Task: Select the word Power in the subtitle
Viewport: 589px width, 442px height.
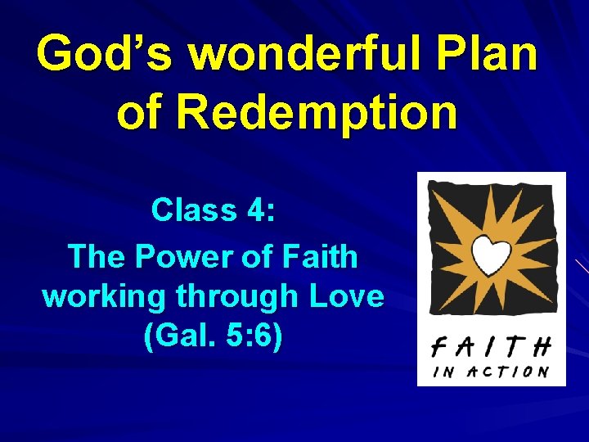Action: point(180,256)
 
